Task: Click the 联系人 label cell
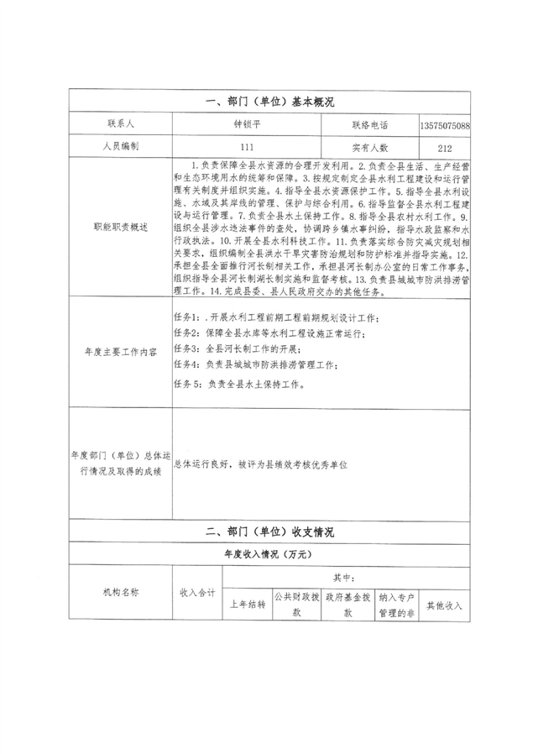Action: (x=121, y=124)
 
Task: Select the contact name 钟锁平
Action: (x=246, y=124)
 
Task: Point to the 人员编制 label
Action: (x=121, y=146)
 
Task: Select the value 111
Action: (x=246, y=146)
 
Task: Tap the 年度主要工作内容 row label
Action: (x=121, y=353)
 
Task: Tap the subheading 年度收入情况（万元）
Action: (x=268, y=554)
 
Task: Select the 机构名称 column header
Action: (x=121, y=591)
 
